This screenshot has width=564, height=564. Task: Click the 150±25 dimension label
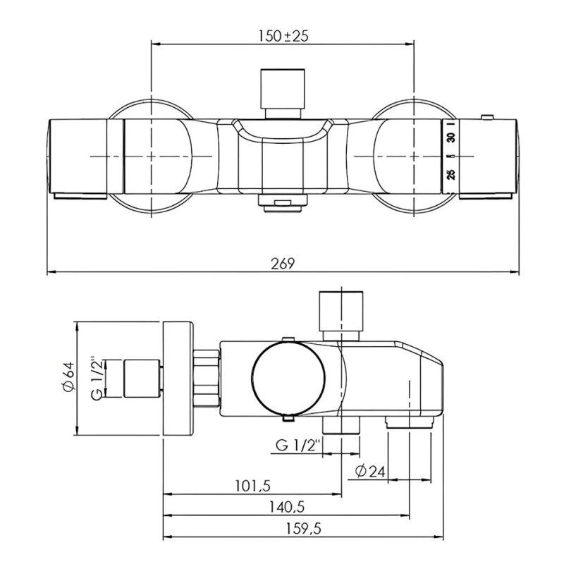pos(283,36)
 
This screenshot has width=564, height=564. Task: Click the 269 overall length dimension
pos(283,264)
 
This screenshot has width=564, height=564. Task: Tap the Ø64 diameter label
pos(68,376)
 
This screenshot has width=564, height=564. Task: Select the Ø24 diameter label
pos(371,471)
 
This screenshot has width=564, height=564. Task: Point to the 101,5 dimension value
pos(253,486)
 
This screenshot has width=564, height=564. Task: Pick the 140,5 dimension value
pos(287,507)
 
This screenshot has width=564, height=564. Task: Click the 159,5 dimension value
pos(304,529)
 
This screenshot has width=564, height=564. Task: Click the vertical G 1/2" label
pos(98,379)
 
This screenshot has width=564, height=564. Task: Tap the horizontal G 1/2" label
pos(298,446)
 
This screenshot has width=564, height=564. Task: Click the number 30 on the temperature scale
pos(451,137)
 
